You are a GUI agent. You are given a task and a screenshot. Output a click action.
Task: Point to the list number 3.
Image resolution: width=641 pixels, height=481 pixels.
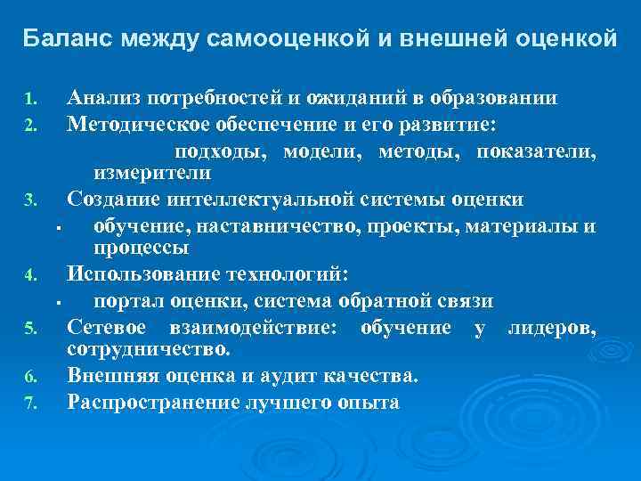pos(28,199)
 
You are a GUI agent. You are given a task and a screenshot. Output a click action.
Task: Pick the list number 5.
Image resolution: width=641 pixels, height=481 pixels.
pos(28,330)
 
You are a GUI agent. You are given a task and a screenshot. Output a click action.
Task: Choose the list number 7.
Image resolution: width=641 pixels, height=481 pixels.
pos(28,404)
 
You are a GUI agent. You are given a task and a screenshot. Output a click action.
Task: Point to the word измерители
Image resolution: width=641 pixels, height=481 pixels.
pos(165,172)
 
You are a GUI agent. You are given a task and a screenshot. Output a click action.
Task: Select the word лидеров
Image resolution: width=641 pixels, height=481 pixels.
pos(552,327)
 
